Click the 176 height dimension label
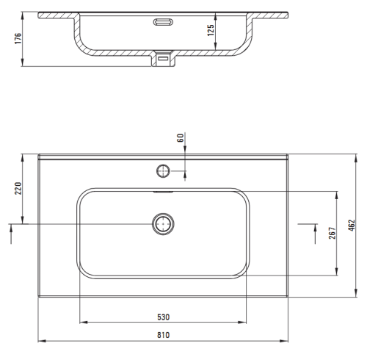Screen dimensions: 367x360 tap(18, 38)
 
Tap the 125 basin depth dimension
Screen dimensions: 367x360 tap(211, 30)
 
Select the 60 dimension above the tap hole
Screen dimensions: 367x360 tap(180, 138)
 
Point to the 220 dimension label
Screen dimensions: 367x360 tap(18, 188)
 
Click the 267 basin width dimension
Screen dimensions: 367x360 tap(333, 233)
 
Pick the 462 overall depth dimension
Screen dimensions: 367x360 tap(351, 226)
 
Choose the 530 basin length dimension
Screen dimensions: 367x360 tap(163, 317)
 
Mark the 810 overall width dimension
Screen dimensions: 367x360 tap(163, 335)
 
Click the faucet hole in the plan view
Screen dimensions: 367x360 tap(163, 171)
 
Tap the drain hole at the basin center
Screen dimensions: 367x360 tap(163, 224)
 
